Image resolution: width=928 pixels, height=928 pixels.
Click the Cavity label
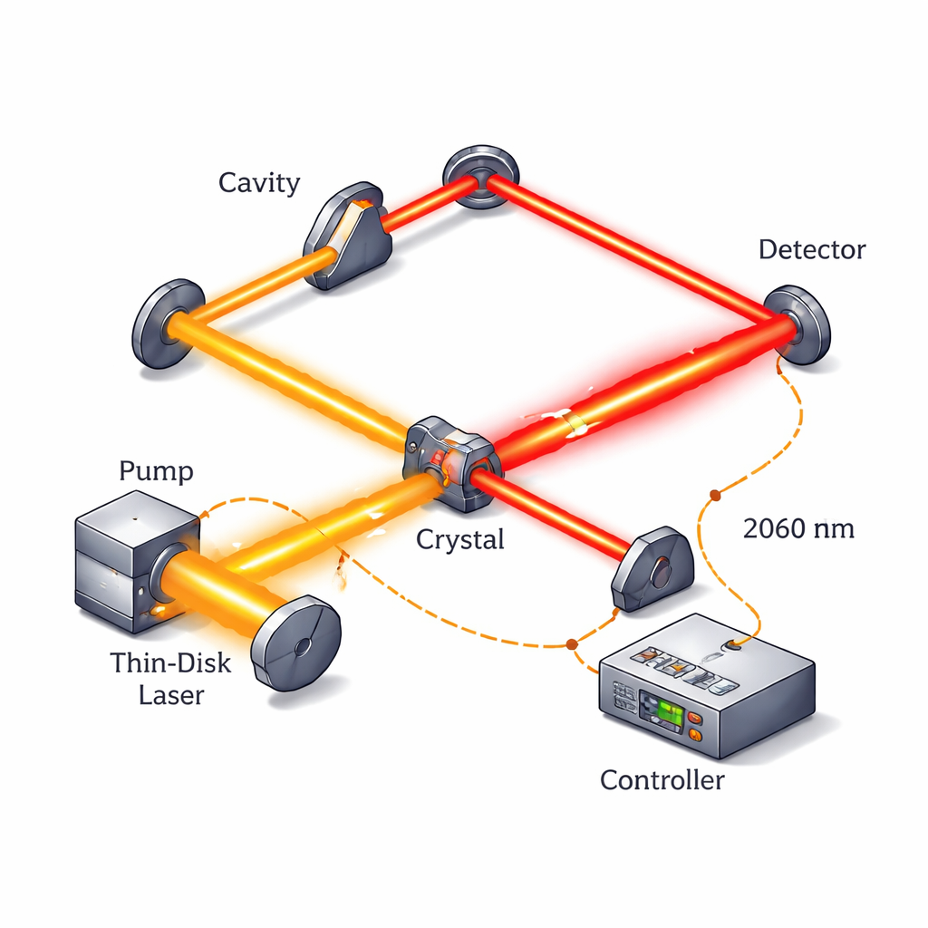pos(259,183)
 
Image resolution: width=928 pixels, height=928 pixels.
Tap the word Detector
pos(812,249)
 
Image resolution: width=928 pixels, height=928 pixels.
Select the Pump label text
pos(156,471)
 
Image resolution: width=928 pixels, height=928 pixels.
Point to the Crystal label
pos(459,539)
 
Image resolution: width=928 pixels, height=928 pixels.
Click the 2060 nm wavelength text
pos(798,528)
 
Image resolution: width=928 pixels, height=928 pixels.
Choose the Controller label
pos(662,779)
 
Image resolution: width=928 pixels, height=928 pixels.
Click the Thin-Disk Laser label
pos(170,679)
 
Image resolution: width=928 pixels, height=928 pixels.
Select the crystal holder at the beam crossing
pos(451,461)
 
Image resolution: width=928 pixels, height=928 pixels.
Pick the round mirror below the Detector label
pos(797,324)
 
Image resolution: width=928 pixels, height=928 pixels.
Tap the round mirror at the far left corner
pos(169,323)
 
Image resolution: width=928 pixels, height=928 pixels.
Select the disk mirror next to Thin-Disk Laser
pos(296,643)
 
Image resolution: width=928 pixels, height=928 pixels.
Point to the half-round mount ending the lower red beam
pos(653,568)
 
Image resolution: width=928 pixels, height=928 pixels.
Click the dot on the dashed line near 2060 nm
pos(715,495)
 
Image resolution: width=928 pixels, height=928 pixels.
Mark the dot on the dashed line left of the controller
pos(572,644)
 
